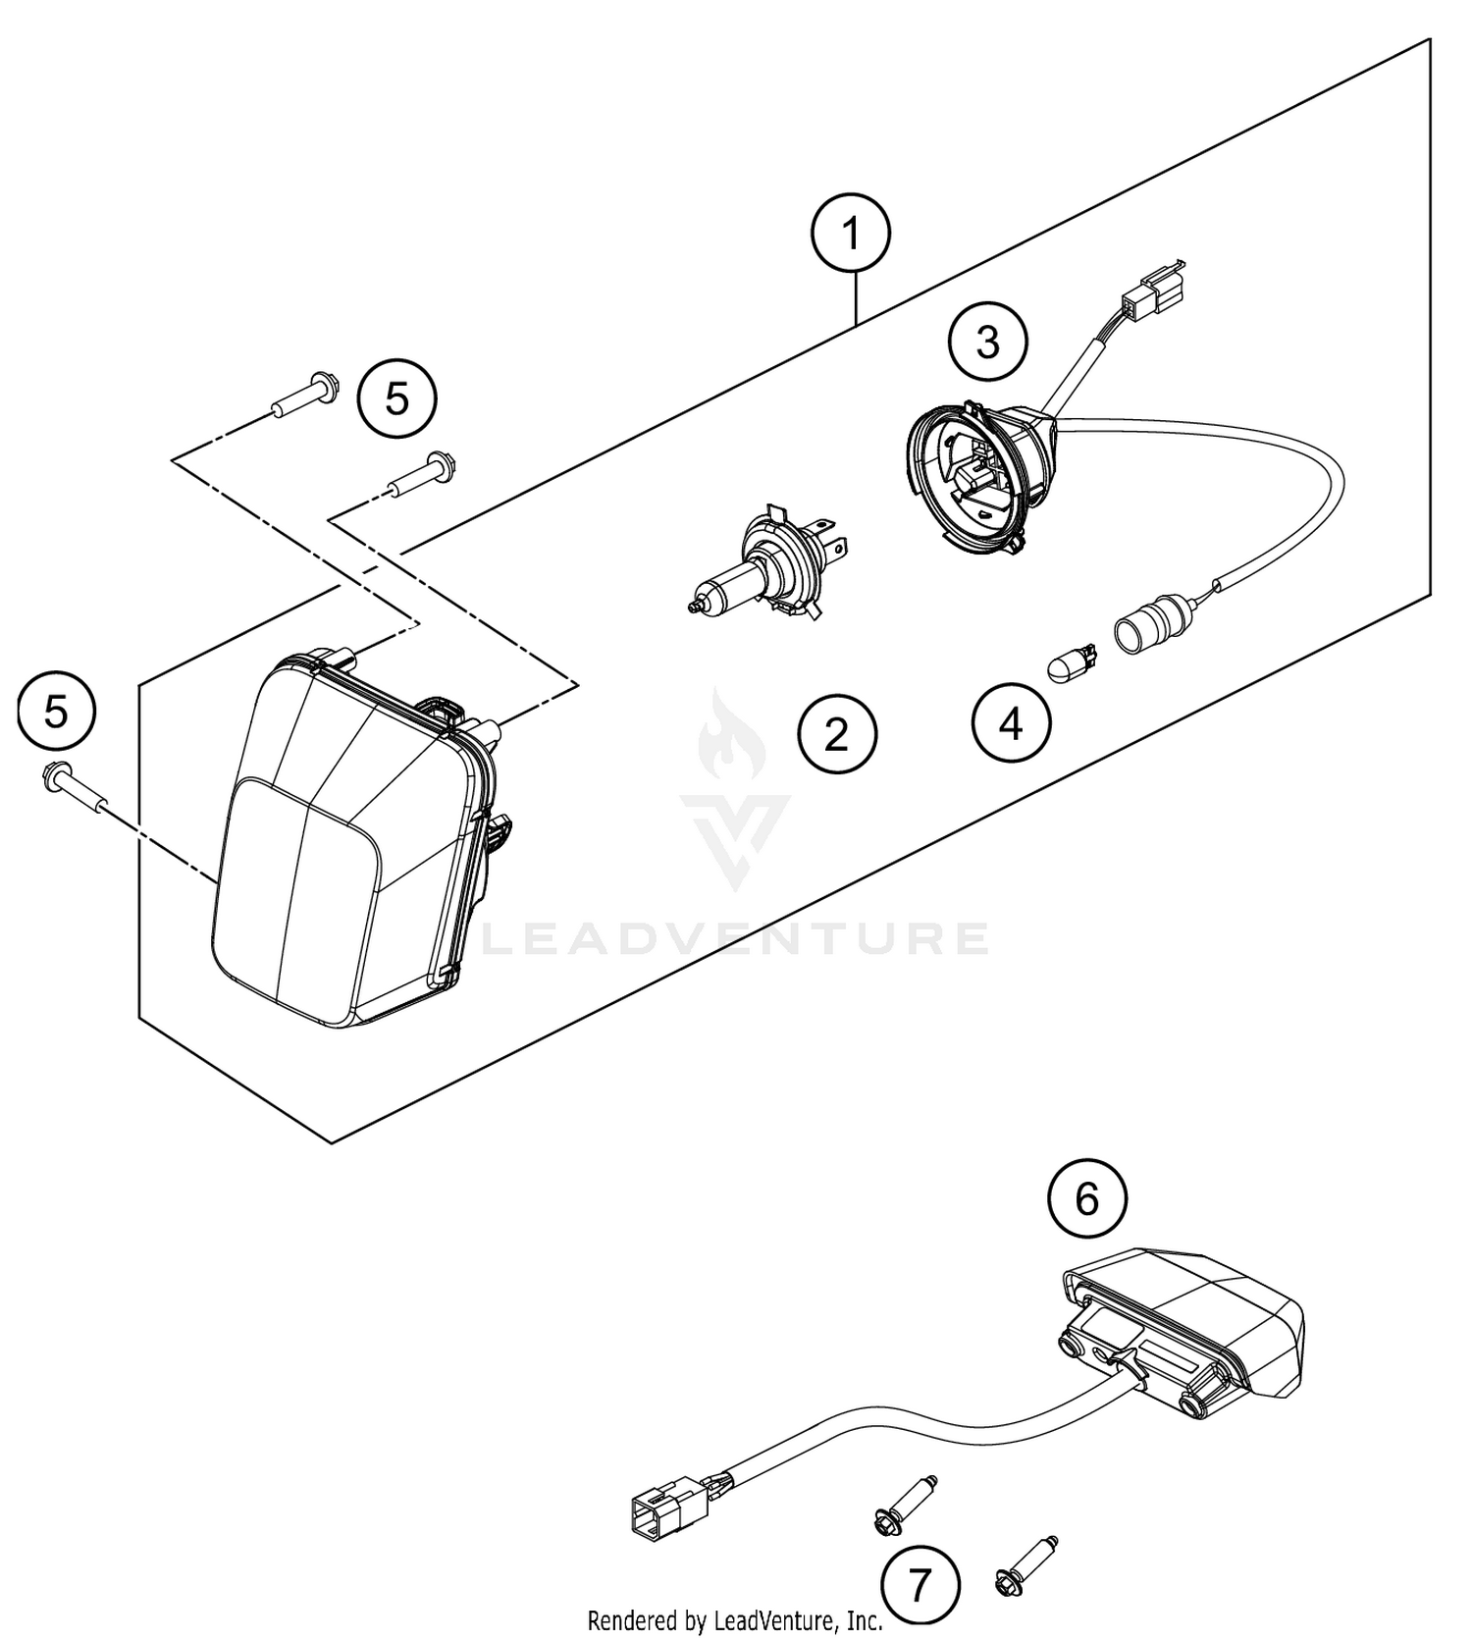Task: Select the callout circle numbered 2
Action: pos(836,734)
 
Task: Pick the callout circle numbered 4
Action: pos(1011,725)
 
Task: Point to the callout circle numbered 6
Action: pos(1086,1198)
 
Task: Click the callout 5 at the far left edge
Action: pos(56,711)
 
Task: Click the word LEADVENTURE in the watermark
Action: pos(735,938)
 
